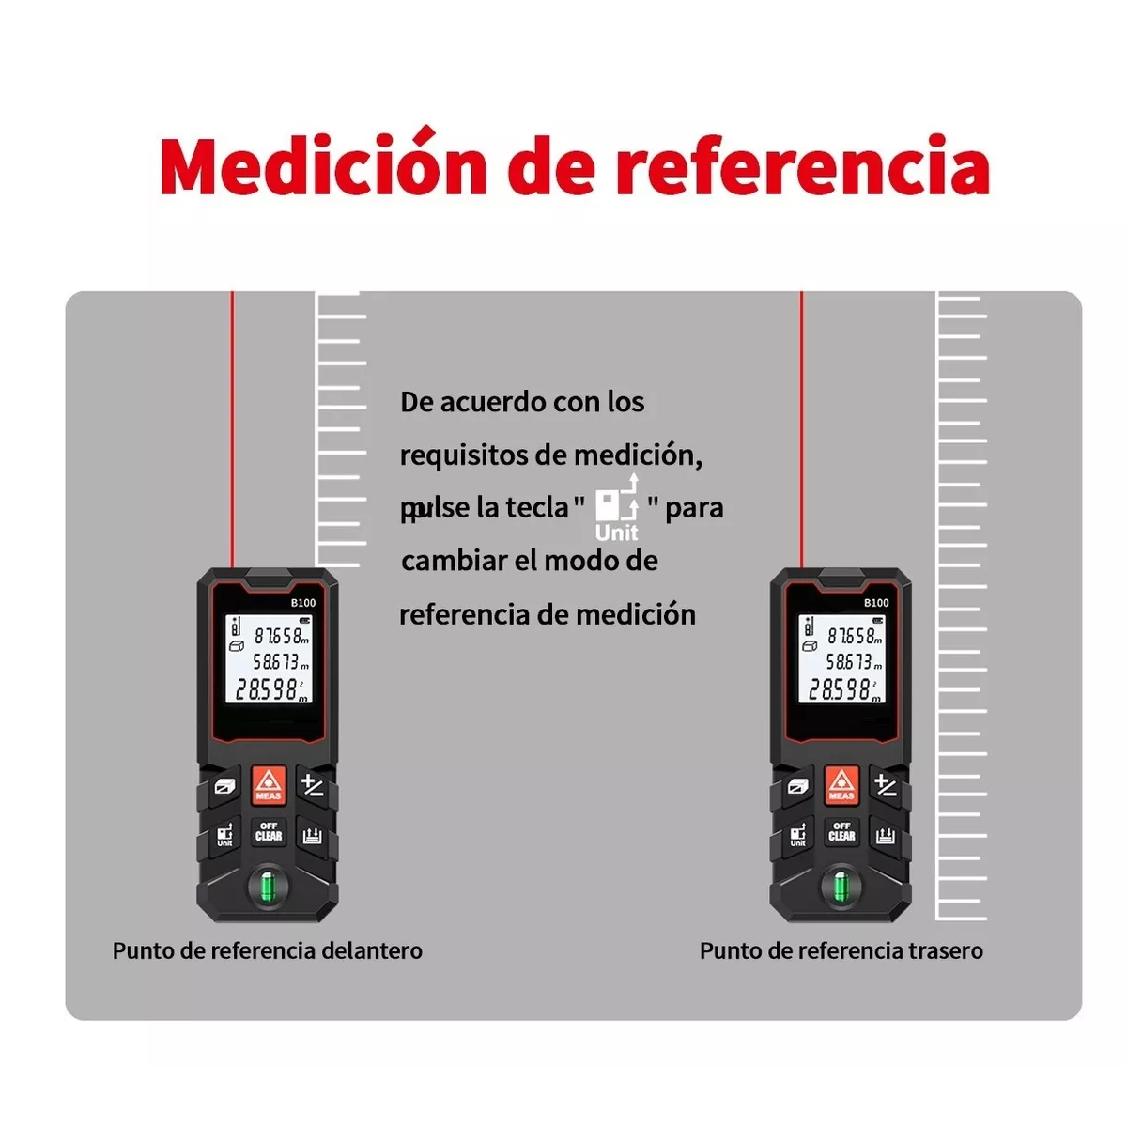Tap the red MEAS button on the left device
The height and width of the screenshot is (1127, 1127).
(269, 785)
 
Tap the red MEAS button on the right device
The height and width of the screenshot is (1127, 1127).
(841, 785)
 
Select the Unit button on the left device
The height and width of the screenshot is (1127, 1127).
(224, 835)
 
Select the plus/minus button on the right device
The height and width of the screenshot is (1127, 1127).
(886, 785)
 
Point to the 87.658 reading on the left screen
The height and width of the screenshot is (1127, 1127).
(278, 636)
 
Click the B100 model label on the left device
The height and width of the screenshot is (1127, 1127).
(302, 603)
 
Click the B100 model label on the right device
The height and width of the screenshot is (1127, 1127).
(876, 603)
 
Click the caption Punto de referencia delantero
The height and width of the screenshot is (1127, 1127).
(268, 950)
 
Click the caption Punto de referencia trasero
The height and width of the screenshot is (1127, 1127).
(841, 950)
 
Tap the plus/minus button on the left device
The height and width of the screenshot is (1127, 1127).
(313, 785)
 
